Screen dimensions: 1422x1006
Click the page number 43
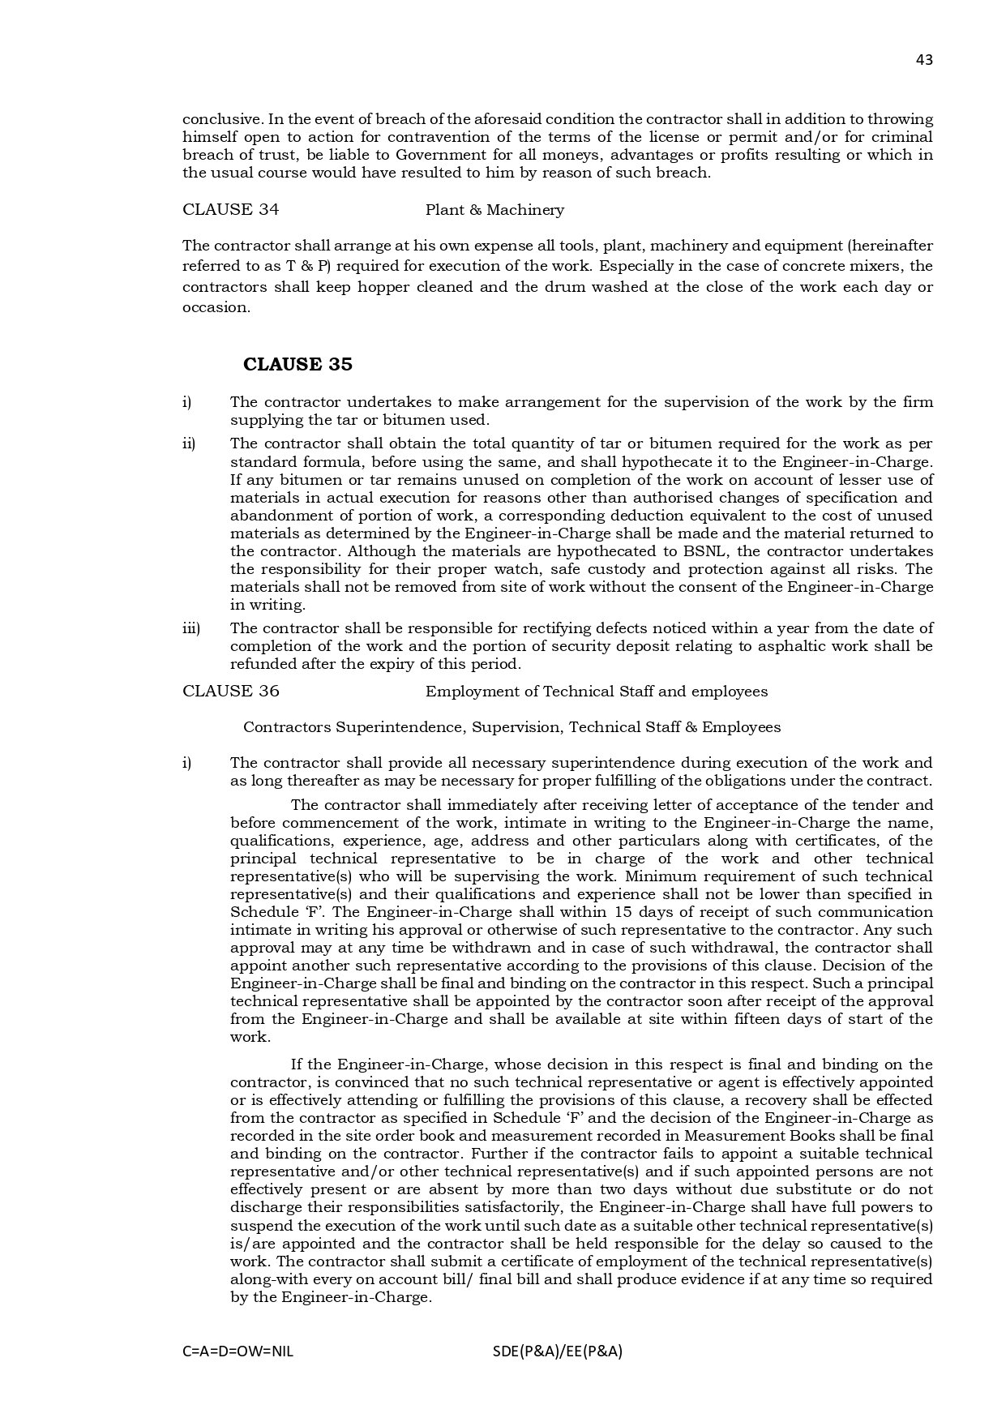[924, 59]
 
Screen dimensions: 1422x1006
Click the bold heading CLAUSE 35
[298, 365]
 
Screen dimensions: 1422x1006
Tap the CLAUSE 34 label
[230, 209]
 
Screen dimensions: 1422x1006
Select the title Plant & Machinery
[494, 210]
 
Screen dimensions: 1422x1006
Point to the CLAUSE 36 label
[230, 691]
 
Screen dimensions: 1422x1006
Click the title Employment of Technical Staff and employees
[596, 692]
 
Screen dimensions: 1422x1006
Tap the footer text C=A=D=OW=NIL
[238, 1351]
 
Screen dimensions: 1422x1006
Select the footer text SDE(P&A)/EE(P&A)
[557, 1351]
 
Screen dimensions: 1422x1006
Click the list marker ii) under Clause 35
[189, 443]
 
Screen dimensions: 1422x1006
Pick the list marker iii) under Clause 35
[190, 628]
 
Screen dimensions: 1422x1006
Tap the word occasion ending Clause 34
[216, 307]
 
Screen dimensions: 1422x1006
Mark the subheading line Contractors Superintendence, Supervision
[512, 727]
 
